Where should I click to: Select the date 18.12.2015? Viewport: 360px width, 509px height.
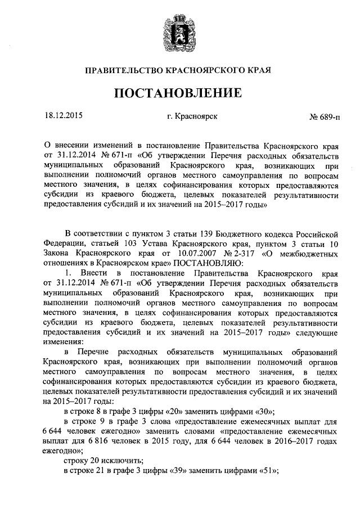(x=62, y=117)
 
